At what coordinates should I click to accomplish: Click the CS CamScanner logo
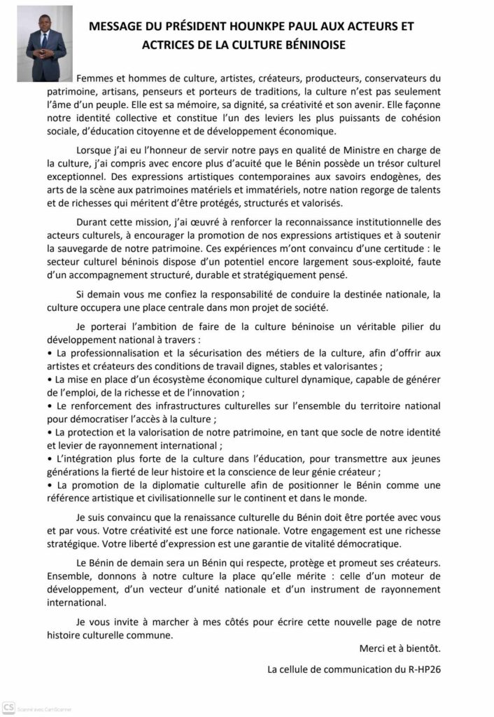[x=10, y=706]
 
